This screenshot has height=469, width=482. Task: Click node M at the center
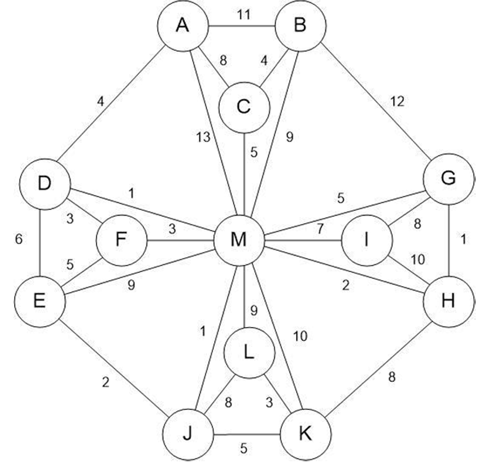coord(239,240)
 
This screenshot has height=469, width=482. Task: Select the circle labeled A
coord(182,26)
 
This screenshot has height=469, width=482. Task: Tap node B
coord(300,26)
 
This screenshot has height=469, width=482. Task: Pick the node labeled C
coord(244,107)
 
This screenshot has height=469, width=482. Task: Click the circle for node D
coord(44,184)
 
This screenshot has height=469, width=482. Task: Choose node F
coord(121,240)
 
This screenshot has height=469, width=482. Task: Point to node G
coord(449,178)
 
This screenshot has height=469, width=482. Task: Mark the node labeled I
coord(367,240)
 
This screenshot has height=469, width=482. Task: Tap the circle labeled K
coord(305,435)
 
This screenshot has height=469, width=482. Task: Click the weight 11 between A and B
coord(243,15)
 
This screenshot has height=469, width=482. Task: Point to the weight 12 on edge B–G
coord(397,101)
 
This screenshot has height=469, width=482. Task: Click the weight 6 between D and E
coord(19,239)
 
